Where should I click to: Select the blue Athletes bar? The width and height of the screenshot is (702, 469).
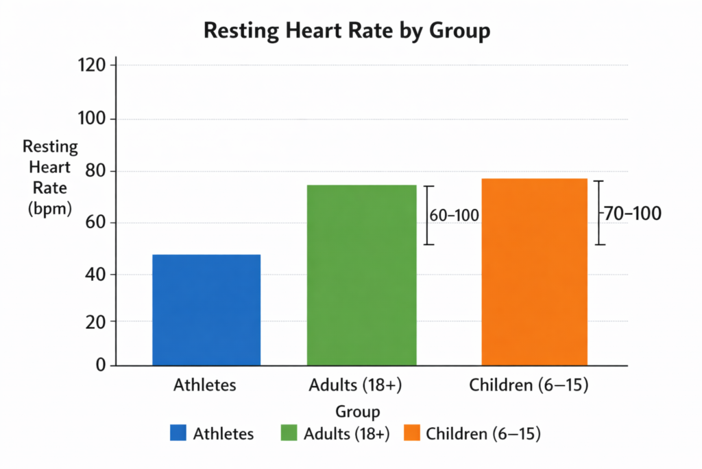(206, 310)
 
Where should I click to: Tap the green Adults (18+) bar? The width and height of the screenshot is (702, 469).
(361, 275)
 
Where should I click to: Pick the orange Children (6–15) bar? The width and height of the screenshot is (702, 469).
(534, 272)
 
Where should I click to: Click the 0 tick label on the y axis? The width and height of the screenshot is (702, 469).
(100, 365)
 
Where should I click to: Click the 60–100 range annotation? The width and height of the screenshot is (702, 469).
(454, 216)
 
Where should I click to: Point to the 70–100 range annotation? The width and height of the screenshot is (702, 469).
(631, 214)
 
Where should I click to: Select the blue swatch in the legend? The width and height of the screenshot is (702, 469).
(178, 433)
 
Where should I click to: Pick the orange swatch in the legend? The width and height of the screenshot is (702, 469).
(411, 433)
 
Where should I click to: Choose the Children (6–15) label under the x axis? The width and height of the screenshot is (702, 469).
(529, 385)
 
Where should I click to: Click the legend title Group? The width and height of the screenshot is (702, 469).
(358, 412)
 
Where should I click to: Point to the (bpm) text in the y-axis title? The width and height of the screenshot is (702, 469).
(50, 208)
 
